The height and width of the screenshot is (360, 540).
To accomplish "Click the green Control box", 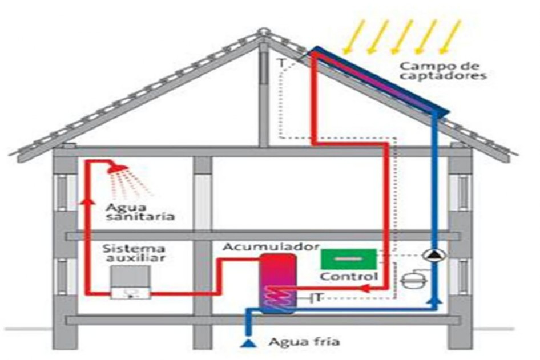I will pyautogui.click(x=348, y=259).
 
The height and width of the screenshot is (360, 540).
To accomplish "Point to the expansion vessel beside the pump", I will pyautogui.click(x=412, y=280).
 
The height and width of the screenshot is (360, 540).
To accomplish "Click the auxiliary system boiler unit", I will pyautogui.click(x=130, y=284).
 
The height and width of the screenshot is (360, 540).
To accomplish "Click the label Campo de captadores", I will pyautogui.click(x=442, y=70).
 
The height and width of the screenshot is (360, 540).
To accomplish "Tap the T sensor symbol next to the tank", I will pyautogui.click(x=317, y=298).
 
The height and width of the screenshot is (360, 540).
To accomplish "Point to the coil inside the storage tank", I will pyautogui.click(x=277, y=297).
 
